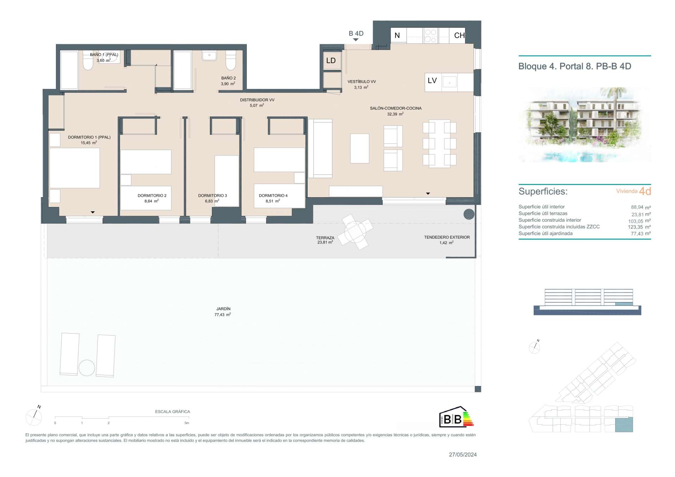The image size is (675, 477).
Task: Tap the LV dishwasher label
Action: point(432,80)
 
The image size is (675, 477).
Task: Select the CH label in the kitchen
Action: point(459,35)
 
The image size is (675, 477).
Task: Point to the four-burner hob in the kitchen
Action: point(431,36)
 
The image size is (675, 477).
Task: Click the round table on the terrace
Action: point(355,232)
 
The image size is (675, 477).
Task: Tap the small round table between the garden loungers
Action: point(86,368)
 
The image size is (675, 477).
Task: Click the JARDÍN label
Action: point(223,309)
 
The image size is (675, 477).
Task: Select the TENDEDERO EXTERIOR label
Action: point(447,237)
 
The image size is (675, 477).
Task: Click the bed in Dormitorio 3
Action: point(227,181)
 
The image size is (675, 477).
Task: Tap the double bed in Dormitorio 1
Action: point(75,168)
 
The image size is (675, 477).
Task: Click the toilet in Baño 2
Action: point(231,60)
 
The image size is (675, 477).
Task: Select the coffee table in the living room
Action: point(360,148)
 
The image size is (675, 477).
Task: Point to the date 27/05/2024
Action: point(463,455)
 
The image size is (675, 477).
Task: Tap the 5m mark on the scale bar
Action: point(187,423)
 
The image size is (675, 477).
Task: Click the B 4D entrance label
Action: point(356,34)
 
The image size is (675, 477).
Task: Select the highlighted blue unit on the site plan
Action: point(624,425)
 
